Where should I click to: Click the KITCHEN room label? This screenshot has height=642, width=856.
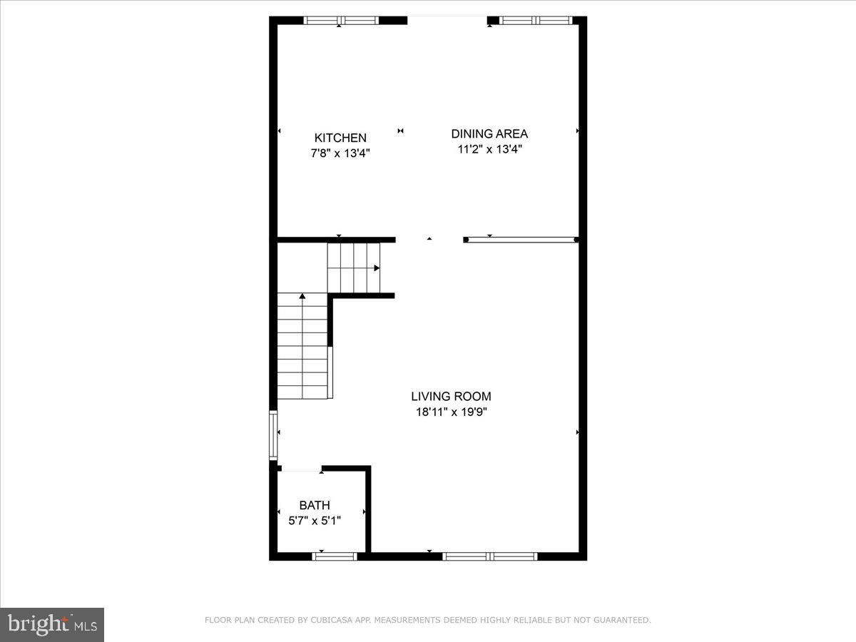(340, 138)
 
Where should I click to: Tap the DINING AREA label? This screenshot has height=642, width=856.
(489, 133)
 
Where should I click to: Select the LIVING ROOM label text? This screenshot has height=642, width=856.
(451, 397)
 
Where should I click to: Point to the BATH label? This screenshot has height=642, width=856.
(315, 506)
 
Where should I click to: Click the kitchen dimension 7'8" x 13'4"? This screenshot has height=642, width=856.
(340, 153)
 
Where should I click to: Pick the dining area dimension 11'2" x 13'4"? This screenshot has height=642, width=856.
(489, 149)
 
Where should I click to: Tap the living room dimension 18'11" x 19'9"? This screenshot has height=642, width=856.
(451, 412)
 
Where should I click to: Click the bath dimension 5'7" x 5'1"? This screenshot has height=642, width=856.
(315, 521)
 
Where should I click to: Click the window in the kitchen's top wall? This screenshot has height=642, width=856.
(341, 21)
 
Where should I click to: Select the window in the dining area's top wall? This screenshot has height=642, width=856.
(536, 21)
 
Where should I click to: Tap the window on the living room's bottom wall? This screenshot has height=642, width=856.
(489, 556)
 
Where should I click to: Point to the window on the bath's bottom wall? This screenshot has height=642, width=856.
(335, 556)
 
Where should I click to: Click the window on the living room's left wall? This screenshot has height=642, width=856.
(272, 435)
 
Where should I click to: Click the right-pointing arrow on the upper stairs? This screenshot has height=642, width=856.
(377, 268)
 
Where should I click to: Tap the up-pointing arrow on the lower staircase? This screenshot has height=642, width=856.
(303, 295)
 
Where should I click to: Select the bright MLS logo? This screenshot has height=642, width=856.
(52, 624)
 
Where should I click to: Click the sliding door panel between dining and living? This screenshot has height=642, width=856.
(521, 240)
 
